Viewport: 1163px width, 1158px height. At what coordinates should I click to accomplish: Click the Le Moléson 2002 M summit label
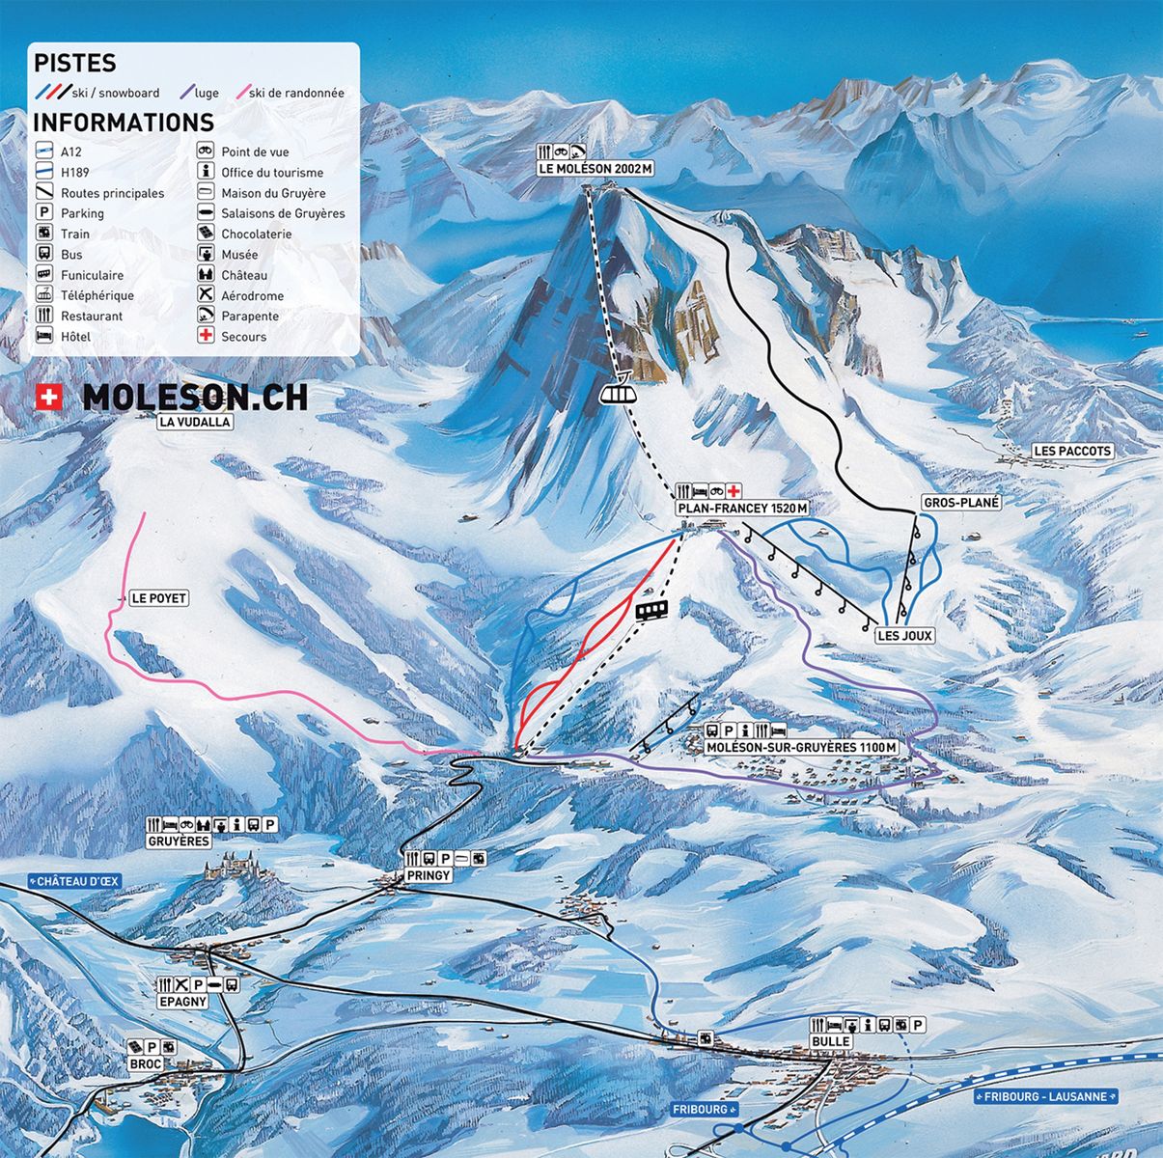point(595,169)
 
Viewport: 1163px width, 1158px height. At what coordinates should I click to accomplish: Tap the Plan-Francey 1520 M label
point(741,509)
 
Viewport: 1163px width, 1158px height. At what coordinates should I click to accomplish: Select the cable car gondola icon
point(618,393)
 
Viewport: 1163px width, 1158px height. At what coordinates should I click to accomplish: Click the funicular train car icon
point(652,610)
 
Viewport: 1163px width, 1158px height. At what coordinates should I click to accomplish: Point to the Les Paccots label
point(1072,451)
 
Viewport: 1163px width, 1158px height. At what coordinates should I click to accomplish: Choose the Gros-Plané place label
point(961,503)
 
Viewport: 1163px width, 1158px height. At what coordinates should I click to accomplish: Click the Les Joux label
point(904,636)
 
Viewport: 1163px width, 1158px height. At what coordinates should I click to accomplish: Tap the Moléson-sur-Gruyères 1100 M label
point(802,748)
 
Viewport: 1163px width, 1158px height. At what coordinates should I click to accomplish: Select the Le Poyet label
point(159,598)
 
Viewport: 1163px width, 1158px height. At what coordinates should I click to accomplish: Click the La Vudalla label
point(196,422)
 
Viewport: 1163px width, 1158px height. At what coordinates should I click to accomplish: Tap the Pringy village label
point(429,874)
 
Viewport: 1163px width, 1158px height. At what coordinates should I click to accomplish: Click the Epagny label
point(182,1002)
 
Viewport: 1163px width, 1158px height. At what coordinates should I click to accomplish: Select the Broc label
point(145,1063)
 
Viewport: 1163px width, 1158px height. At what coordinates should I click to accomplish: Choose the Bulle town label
point(831,1041)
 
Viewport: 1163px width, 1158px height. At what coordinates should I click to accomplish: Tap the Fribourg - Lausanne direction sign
point(1046,1096)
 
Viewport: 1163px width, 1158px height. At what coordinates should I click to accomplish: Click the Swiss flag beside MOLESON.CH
point(46,397)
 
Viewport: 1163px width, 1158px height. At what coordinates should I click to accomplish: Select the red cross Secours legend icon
point(205,336)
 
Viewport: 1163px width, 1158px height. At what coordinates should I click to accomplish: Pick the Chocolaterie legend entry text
point(256,234)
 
